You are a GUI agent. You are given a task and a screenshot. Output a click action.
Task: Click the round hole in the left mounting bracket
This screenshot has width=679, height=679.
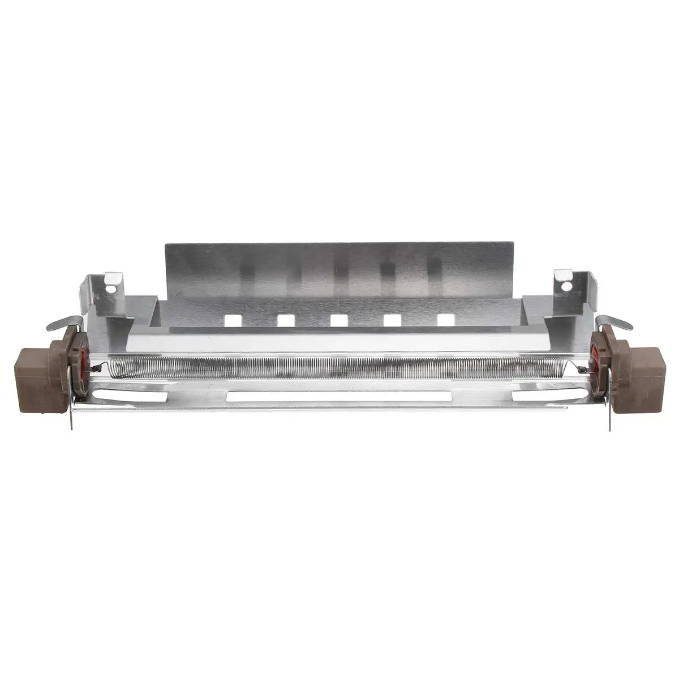point(112,288)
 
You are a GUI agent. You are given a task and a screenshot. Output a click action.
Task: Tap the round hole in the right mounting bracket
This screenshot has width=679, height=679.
point(566,286)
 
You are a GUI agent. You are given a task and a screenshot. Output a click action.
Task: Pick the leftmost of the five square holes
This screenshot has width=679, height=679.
point(233,320)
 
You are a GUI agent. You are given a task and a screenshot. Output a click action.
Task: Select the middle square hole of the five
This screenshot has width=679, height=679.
point(339,320)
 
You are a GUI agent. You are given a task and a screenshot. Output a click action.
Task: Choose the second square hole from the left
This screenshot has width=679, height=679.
point(286,320)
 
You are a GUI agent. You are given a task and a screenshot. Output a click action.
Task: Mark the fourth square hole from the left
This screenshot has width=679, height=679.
point(392,320)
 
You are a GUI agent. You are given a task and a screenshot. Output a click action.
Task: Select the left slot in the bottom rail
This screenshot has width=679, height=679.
point(130,395)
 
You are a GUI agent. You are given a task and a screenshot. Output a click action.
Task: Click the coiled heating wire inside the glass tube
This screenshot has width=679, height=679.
point(339,368)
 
